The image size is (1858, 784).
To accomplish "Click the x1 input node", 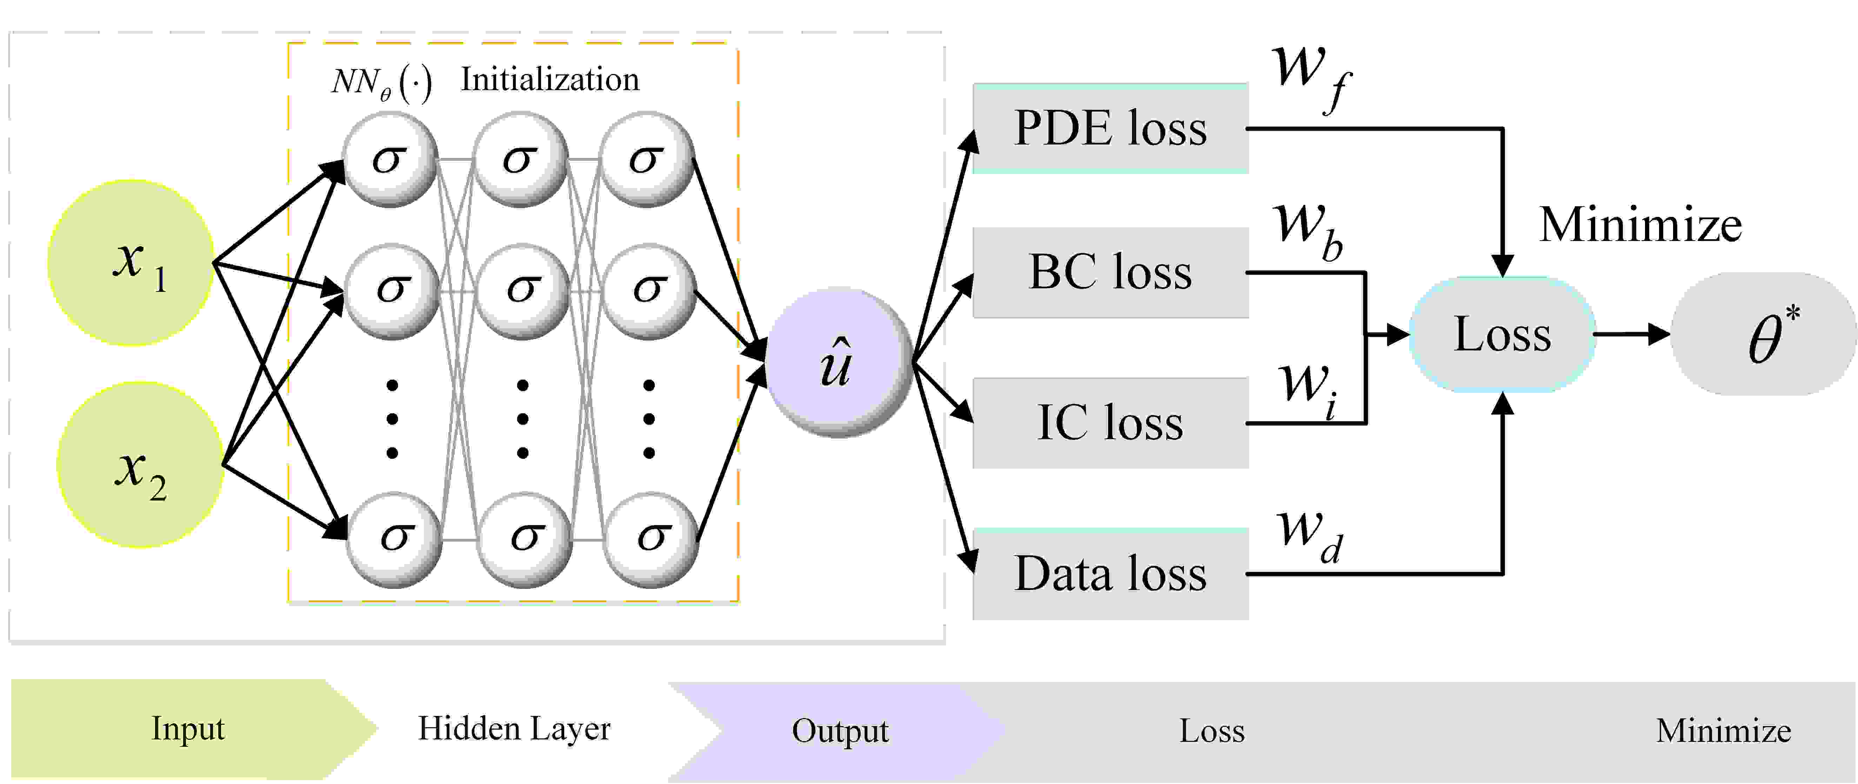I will point(131,263).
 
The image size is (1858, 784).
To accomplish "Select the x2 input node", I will point(140,465).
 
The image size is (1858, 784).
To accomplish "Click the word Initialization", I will point(550,79).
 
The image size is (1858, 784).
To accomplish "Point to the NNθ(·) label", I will point(381,82).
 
